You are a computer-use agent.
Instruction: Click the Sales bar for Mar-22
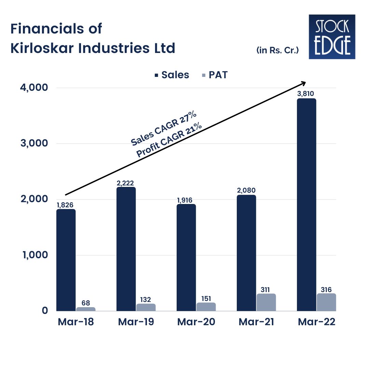tap(306, 205)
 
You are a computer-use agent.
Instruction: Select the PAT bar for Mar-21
tap(266, 302)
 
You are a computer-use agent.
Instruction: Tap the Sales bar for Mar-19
tap(126, 249)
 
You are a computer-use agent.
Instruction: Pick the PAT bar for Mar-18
tap(86, 309)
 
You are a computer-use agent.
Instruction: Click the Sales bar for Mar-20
tap(186, 258)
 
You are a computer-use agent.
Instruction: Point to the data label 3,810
tap(306, 93)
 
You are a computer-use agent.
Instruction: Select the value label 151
tap(206, 298)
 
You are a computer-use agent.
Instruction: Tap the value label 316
tap(326, 289)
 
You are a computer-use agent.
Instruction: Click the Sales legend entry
tap(172, 75)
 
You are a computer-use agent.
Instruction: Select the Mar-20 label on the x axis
tap(196, 322)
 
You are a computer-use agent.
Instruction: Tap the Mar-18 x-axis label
tap(76, 322)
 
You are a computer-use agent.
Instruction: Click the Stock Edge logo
tap(332, 37)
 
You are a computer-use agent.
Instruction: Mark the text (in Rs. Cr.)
tap(277, 50)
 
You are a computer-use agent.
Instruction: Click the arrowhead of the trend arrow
tap(303, 83)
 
